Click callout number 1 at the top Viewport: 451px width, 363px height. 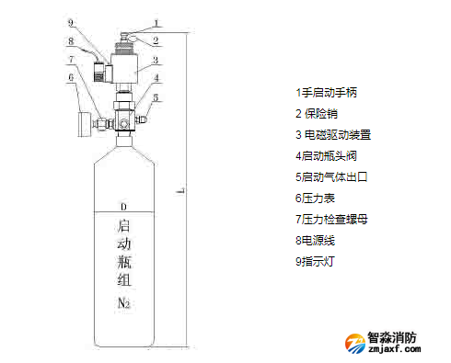coord(156,23)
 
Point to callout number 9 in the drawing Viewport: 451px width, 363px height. coord(71,23)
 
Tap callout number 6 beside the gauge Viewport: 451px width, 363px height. coord(71,77)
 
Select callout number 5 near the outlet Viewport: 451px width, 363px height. coord(156,97)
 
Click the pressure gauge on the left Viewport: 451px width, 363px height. coord(85,124)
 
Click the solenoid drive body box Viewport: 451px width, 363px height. coord(123,69)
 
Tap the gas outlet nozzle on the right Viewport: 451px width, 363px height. coord(141,119)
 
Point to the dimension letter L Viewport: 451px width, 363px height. coord(181,190)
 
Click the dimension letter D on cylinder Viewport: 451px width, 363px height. coord(123,207)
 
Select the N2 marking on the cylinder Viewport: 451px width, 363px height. coord(123,303)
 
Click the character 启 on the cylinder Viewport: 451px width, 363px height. coord(123,226)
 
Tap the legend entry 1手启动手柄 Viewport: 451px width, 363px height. coord(326,93)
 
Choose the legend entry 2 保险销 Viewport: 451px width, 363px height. coord(317,114)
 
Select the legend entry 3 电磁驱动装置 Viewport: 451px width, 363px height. coord(333,135)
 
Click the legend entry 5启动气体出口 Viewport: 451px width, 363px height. coord(331,177)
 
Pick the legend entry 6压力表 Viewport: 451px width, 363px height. coord(315,199)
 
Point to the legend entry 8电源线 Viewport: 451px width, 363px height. coord(315,241)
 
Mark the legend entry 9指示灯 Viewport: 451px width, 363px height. coord(315,262)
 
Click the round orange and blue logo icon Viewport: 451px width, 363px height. coord(355,344)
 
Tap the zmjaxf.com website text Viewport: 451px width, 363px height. coord(395,348)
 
